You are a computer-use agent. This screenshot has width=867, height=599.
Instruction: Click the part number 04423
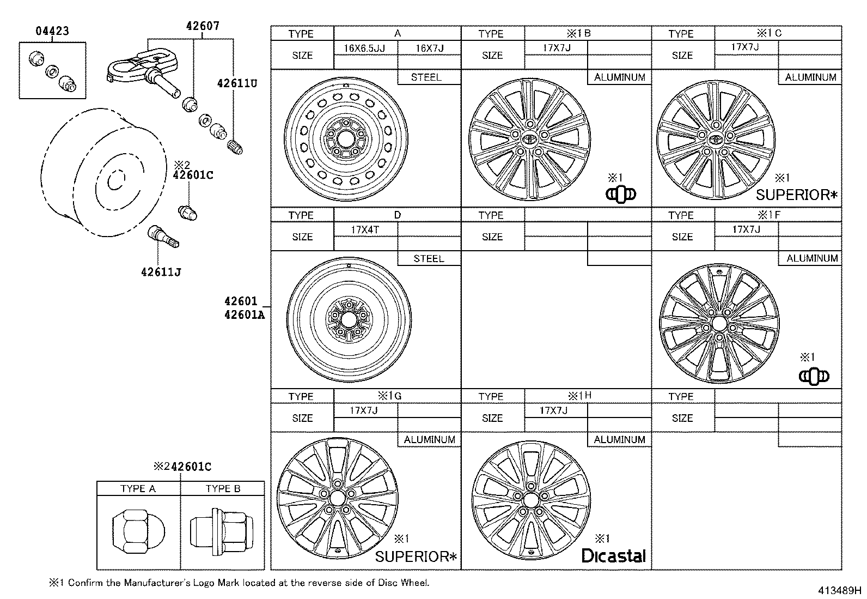coord(52,31)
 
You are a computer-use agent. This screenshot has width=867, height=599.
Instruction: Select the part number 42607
coord(202,25)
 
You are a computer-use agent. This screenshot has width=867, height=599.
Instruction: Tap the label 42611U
coord(236,83)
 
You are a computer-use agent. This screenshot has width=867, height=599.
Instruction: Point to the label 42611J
coord(161,271)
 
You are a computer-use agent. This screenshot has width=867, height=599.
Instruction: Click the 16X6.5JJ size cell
coord(364,48)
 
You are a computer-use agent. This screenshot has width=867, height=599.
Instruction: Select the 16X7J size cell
coord(429,48)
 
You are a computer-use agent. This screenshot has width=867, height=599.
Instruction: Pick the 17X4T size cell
coord(365,229)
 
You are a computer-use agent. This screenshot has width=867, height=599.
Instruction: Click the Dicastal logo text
coord(613,556)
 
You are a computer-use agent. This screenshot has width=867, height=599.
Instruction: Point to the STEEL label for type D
coord(429,258)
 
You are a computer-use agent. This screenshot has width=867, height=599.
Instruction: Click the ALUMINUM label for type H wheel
coord(619,439)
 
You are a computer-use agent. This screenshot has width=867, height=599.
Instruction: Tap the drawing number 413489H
coord(838,590)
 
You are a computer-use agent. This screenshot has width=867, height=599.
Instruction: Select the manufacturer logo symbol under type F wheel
coord(814,376)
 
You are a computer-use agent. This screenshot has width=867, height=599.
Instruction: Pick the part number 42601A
coord(243,314)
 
